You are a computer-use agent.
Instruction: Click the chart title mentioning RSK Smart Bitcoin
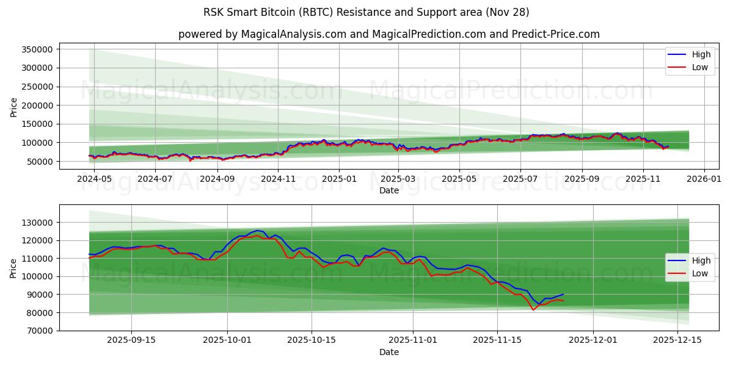[366, 12]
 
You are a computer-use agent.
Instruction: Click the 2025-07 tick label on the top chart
[520, 179]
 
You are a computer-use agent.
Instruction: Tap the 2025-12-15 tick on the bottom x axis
[677, 340]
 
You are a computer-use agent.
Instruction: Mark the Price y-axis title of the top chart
[14, 107]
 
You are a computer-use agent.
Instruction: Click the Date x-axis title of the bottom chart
[389, 352]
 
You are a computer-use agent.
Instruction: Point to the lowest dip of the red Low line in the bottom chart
[533, 310]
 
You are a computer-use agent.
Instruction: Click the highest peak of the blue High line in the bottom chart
[257, 231]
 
